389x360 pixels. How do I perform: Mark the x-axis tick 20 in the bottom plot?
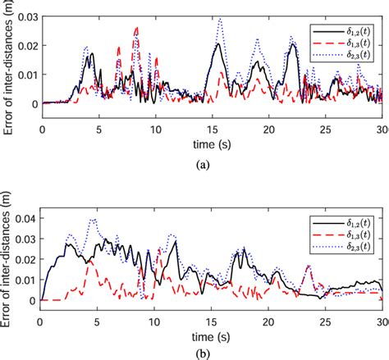tap(268, 318)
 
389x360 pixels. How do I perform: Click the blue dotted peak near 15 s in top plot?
tap(219, 19)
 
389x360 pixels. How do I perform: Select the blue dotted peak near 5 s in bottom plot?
tap(93, 220)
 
